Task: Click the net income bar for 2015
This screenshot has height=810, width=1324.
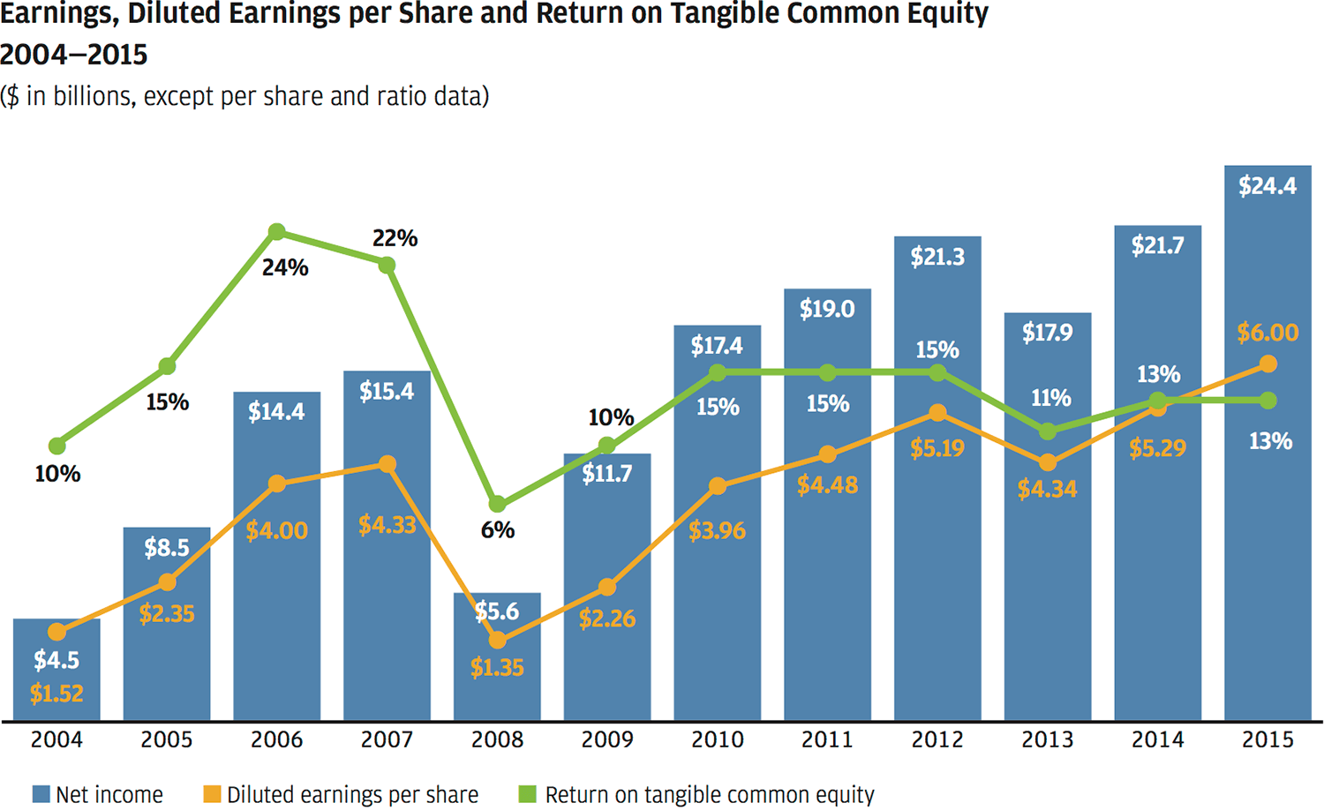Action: (1268, 529)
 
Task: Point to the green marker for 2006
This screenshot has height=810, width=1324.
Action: (276, 232)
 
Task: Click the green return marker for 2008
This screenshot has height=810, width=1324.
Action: (497, 504)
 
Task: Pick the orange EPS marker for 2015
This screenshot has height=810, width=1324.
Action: (1268, 364)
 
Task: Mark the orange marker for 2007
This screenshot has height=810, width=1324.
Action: (387, 464)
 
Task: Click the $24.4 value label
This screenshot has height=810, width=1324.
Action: (1268, 186)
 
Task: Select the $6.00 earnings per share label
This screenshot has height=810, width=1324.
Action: (1268, 333)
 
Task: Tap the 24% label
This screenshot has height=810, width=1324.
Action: (285, 267)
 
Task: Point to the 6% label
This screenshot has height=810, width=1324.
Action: (497, 530)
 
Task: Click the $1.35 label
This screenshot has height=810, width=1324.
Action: (497, 668)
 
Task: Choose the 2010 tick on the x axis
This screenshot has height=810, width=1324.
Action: (717, 739)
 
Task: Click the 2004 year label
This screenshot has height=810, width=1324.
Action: (56, 739)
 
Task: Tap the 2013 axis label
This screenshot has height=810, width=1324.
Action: (1048, 739)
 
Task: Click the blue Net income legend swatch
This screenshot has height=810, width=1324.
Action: (41, 794)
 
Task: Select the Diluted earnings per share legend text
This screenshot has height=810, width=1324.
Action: (352, 795)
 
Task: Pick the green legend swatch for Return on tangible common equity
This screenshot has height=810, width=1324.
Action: (527, 794)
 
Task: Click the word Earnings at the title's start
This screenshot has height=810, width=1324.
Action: (56, 15)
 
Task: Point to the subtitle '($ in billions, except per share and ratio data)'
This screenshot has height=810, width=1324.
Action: (244, 96)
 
